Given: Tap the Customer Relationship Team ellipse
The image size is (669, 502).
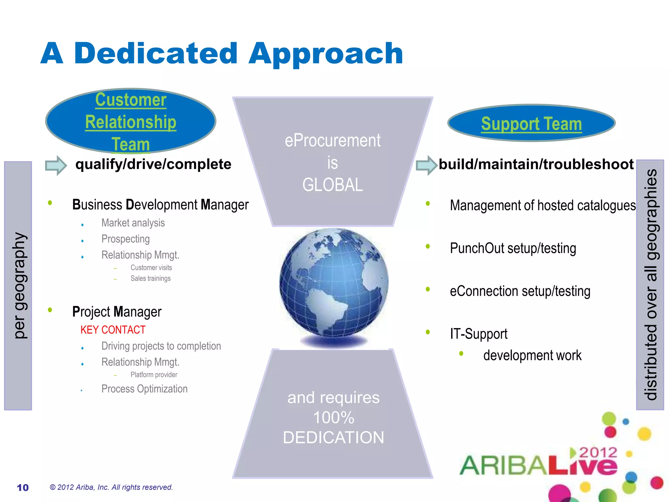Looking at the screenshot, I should click(131, 121).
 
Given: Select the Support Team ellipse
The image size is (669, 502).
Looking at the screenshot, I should click(531, 124).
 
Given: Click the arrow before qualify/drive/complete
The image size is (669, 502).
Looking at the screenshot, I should click(56, 165).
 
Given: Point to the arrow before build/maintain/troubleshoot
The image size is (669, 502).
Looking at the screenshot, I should click(427, 165).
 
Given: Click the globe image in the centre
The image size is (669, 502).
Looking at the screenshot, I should click(334, 283).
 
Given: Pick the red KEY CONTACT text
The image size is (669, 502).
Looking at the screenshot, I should click(113, 330).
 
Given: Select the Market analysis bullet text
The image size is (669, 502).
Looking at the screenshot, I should click(133, 223).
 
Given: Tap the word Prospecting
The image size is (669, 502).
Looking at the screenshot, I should click(125, 239).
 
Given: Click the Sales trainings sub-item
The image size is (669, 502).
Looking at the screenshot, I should click(150, 278).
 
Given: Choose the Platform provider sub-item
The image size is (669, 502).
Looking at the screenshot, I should click(154, 375).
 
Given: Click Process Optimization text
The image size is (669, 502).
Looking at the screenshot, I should click(144, 389).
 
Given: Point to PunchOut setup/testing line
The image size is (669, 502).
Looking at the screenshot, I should click(513, 248).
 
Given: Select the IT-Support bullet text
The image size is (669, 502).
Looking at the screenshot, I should click(479, 334).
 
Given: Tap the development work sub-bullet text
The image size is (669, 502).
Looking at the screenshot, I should click(532, 356).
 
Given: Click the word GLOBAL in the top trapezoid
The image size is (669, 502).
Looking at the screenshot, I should click(333, 185).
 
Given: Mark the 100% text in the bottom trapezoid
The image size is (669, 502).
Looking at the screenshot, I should click(334, 418).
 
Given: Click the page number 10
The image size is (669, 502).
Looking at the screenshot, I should click(23, 488).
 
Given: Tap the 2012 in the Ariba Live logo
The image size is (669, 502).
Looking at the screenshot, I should click(598, 453).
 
